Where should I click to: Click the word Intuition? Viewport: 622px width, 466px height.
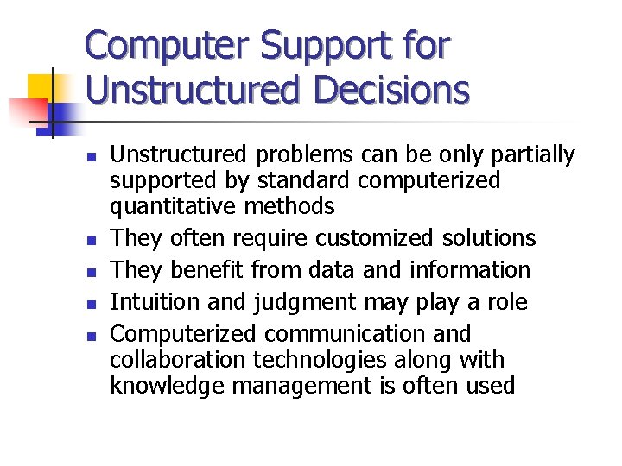[152, 302]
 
